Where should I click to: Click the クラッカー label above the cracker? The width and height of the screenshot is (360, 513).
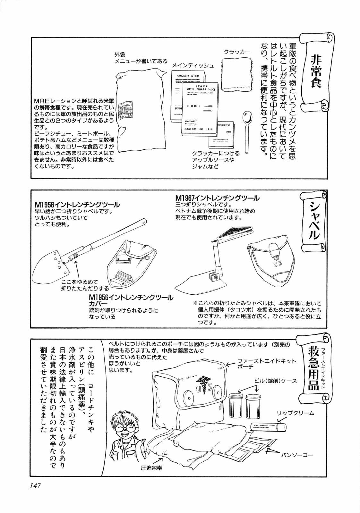tap(237, 52)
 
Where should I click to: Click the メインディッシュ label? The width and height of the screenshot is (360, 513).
tap(193, 65)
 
